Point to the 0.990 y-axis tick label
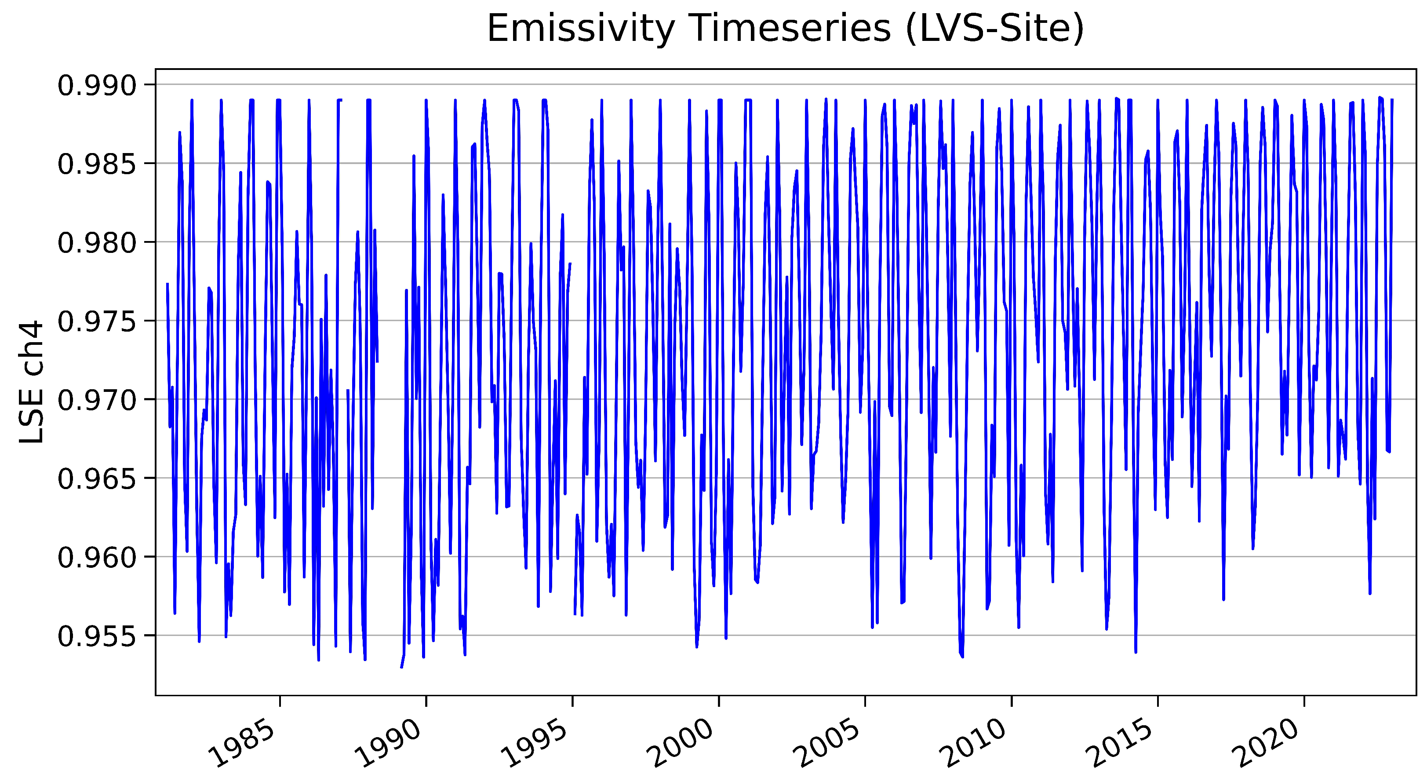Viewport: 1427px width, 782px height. (97, 85)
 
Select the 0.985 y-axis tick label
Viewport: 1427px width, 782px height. (97, 164)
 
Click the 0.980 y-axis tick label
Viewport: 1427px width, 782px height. (97, 243)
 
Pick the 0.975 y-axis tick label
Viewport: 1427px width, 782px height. (97, 322)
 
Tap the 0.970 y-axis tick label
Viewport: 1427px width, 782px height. (97, 400)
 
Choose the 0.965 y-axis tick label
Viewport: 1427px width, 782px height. (97, 479)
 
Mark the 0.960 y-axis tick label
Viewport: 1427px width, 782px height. (97, 558)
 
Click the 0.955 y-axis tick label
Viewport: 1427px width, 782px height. (97, 636)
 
